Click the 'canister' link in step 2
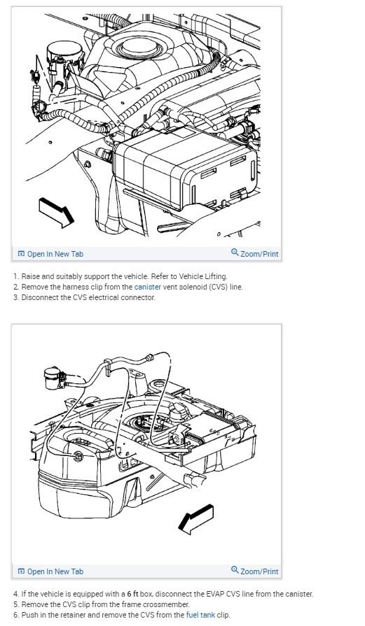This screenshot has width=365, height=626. tap(148, 287)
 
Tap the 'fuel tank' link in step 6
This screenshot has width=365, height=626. tap(200, 615)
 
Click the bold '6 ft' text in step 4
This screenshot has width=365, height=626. tap(132, 594)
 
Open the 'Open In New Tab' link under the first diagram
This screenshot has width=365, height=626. tap(50, 254)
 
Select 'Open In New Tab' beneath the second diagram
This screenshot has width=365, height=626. tap(50, 571)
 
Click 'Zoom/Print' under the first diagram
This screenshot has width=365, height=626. tap(255, 253)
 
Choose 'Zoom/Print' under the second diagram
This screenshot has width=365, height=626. tap(255, 571)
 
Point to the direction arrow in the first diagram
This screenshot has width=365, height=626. tap(56, 213)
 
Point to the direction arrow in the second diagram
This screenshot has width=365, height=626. tap(195, 519)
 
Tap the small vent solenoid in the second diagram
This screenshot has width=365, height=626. tap(53, 378)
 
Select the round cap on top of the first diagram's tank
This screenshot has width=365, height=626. tap(136, 48)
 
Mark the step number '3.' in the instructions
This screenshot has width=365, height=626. tap(16, 297)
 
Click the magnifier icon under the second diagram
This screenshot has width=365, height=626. tap(235, 570)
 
